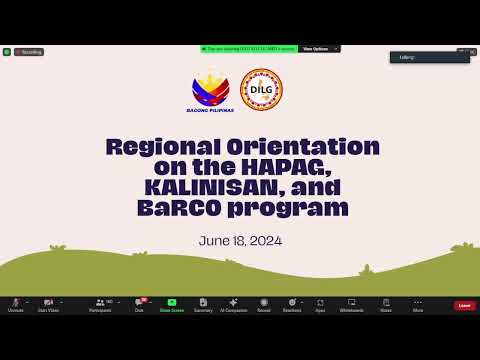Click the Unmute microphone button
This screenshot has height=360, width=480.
(16, 304)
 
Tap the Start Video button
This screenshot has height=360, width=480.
(46, 304)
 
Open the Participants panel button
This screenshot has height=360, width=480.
(100, 304)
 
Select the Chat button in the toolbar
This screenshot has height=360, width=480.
(140, 304)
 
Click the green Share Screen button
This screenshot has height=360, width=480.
(171, 304)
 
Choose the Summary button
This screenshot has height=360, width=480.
(202, 304)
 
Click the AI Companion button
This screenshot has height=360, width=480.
(233, 304)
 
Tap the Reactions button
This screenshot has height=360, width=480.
(292, 304)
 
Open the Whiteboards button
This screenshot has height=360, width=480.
(351, 304)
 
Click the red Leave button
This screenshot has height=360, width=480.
(464, 305)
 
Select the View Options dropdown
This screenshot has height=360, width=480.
(318, 48)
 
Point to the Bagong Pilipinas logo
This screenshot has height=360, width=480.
(211, 92)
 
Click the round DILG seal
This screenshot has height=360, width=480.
(263, 88)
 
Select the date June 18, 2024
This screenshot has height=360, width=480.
(240, 241)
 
